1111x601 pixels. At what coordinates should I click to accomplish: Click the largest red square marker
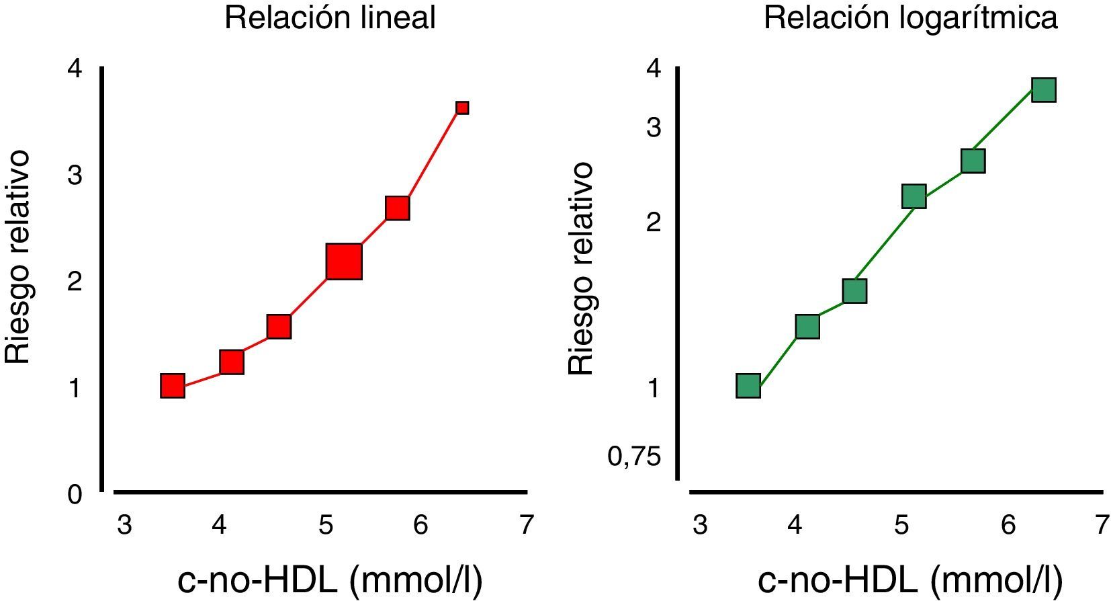[x=344, y=262]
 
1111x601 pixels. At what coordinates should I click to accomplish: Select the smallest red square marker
[x=462, y=108]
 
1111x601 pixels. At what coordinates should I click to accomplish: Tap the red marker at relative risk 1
[x=173, y=386]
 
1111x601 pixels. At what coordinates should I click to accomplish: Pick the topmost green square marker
[x=1043, y=89]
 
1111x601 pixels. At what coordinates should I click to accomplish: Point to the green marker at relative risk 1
[x=748, y=386]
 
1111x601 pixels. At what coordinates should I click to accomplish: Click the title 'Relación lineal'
[x=330, y=17]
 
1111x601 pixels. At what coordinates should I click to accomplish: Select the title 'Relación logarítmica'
[x=910, y=17]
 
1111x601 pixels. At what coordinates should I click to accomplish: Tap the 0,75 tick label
[x=625, y=457]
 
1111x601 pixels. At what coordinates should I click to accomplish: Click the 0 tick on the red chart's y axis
[x=75, y=495]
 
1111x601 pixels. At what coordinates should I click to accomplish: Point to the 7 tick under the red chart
[x=526, y=524]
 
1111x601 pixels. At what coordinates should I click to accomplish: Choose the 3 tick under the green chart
[x=700, y=524]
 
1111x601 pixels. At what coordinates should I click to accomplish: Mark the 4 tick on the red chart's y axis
[x=75, y=69]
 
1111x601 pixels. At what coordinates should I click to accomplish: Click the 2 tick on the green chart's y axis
[x=653, y=222]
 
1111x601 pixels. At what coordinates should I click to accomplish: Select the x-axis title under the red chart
[x=330, y=581]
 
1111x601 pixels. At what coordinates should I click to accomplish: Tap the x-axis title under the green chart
[x=910, y=581]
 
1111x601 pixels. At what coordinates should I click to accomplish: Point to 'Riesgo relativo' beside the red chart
[x=18, y=257]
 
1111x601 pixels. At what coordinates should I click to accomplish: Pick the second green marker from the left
[x=807, y=327]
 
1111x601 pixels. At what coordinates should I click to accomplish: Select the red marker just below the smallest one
[x=398, y=208]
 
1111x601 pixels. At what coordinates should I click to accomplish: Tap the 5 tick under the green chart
[x=901, y=524]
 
